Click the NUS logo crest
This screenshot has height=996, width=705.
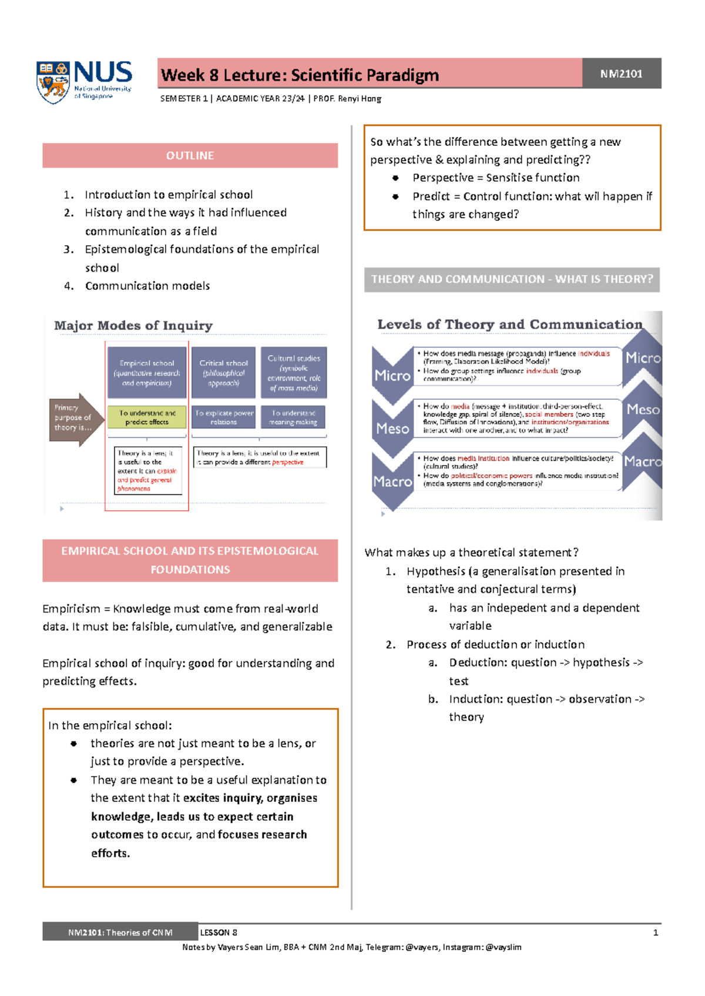53,82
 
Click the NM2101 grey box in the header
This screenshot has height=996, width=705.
622,73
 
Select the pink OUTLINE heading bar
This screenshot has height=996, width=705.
190,156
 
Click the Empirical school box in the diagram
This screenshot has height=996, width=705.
147,373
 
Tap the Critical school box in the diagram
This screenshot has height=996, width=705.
223,373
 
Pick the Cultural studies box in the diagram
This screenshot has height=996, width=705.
294,373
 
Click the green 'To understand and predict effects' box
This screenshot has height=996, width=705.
147,417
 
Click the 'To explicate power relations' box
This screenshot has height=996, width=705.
224,417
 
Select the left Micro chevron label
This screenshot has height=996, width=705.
392,375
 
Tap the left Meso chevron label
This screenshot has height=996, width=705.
392,428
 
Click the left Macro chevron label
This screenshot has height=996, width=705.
392,482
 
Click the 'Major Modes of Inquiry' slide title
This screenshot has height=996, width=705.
133,326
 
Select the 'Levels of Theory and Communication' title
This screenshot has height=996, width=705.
510,325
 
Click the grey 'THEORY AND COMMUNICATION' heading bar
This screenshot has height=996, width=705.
512,279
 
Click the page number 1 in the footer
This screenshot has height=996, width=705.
656,933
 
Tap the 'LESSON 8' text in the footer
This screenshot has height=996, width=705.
219,933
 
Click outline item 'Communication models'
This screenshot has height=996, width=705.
147,286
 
